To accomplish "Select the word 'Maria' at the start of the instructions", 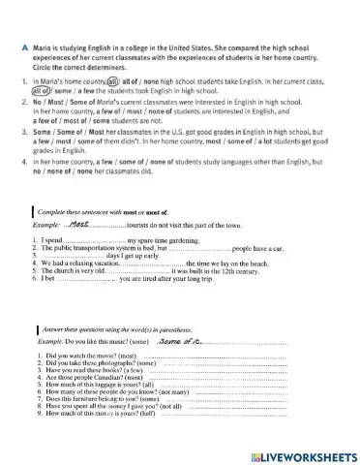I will (40, 47).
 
